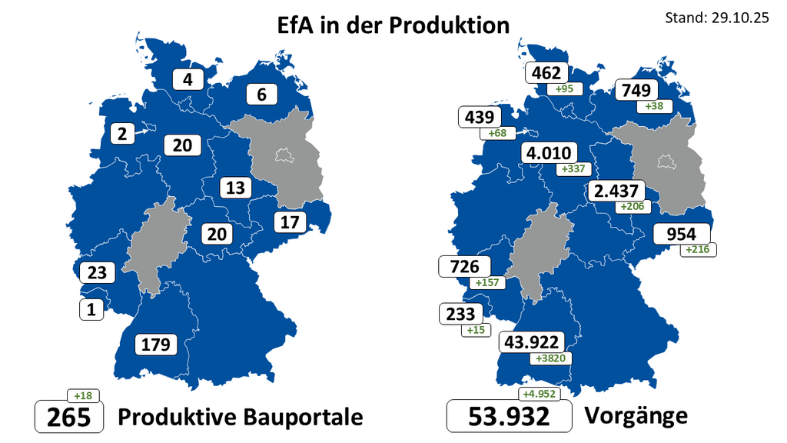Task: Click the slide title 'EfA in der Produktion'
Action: [393, 25]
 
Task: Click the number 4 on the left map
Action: [188, 79]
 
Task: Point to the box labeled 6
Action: [261, 95]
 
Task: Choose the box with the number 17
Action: [289, 222]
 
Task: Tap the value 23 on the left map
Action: [96, 272]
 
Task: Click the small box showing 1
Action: [91, 310]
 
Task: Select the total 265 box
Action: [69, 417]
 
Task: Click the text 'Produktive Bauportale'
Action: [240, 417]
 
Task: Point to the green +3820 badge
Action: [551, 358]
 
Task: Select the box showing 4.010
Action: [546, 153]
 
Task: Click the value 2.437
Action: [616, 192]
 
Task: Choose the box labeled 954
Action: [682, 234]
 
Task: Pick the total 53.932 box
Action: [510, 417]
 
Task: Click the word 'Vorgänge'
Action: [636, 416]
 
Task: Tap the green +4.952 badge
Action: [539, 395]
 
